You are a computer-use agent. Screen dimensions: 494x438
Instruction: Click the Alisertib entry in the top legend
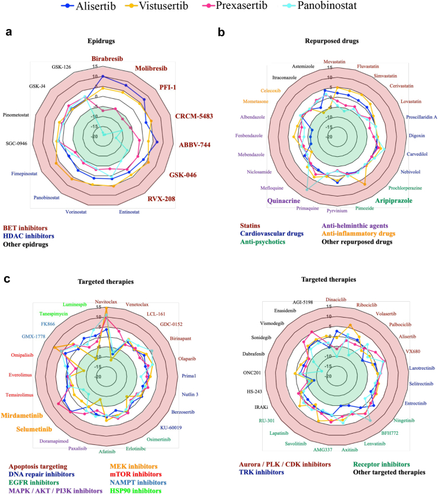145,8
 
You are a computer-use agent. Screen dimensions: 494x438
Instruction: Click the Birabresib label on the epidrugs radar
108,59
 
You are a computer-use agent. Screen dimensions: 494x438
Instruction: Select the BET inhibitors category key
28,228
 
